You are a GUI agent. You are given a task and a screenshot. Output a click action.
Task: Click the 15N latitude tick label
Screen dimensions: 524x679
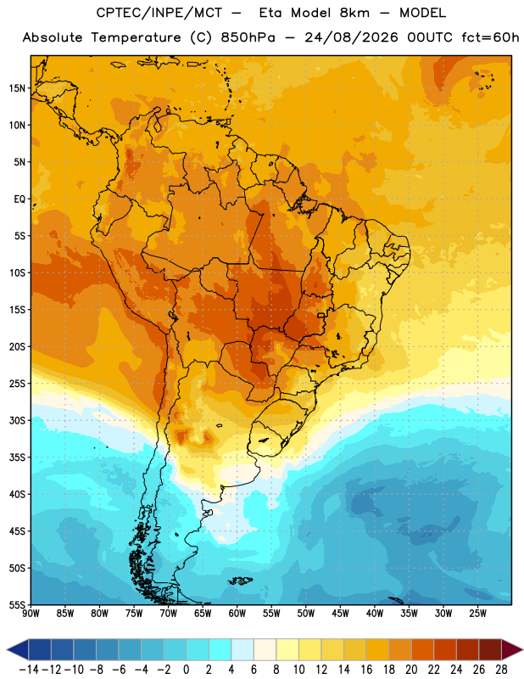point(17,88)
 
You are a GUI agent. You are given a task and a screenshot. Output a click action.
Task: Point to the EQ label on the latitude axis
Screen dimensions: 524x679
point(20,199)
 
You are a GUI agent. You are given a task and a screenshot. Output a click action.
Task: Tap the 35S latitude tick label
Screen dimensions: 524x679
point(17,457)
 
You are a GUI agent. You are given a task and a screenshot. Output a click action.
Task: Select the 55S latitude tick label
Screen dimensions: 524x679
point(17,605)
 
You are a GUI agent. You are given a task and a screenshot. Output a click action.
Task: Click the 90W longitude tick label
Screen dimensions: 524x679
point(31,613)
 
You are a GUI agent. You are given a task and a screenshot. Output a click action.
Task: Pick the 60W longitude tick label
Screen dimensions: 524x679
point(237,613)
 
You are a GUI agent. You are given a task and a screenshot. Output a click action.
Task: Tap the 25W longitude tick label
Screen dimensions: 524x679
point(477,613)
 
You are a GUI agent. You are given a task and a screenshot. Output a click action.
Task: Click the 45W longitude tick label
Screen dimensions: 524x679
point(340,613)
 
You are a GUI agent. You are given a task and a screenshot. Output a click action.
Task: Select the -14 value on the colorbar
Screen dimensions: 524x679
point(29,670)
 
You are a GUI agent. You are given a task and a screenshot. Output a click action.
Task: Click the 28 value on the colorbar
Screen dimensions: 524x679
point(501,670)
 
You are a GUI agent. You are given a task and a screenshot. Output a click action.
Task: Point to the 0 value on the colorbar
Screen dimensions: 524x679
point(186,670)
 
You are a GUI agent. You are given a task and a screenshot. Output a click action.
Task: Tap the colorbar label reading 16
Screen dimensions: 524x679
point(366,670)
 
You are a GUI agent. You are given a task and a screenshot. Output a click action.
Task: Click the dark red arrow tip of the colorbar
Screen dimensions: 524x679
point(521,649)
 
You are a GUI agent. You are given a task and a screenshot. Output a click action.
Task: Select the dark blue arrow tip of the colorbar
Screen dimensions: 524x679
point(8,649)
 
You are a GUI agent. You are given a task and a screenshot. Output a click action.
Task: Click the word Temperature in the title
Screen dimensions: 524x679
point(136,37)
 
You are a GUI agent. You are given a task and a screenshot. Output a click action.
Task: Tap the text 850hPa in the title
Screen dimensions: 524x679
point(248,37)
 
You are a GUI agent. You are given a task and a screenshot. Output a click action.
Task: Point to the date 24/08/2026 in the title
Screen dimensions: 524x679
point(351,37)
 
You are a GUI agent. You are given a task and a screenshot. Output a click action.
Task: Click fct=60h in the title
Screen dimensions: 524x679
point(490,37)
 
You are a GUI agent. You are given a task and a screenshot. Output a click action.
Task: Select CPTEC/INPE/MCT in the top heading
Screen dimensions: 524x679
point(159,13)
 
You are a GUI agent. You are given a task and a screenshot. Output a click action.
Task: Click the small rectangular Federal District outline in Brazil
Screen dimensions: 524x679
point(321,315)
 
